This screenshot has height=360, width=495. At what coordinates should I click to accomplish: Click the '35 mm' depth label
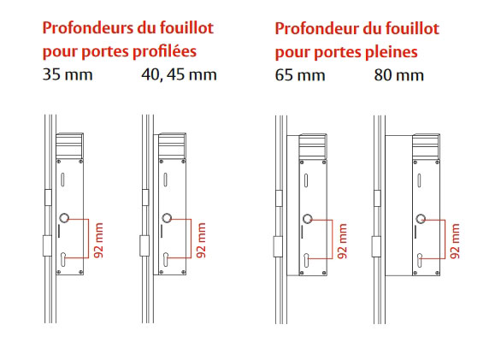pyautogui.click(x=68, y=75)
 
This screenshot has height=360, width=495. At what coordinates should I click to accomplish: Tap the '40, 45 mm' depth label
pyautogui.click(x=179, y=75)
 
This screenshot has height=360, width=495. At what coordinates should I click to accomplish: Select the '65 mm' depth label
pyautogui.click(x=300, y=75)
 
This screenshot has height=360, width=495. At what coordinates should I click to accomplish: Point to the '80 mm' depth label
pyautogui.click(x=398, y=75)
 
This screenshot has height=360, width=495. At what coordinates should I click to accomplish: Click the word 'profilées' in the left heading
pyautogui.click(x=164, y=51)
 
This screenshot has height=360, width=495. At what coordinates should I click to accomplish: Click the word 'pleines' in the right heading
pyautogui.click(x=392, y=51)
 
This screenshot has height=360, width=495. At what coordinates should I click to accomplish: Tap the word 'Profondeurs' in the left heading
pyautogui.click(x=87, y=27)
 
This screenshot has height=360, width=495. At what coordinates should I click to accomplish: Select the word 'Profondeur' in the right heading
pyautogui.click(x=316, y=28)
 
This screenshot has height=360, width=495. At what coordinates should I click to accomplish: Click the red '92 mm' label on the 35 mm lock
pyautogui.click(x=99, y=240)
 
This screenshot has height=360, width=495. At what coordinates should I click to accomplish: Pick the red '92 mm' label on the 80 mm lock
pyautogui.click(x=455, y=241)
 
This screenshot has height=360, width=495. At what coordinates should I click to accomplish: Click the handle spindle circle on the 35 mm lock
pyautogui.click(x=64, y=217)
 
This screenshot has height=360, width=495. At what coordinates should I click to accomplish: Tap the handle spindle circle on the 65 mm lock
pyautogui.click(x=308, y=219)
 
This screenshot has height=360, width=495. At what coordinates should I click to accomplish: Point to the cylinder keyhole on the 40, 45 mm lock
pyautogui.click(x=166, y=259)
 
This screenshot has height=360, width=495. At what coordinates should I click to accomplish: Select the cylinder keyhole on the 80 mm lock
pyautogui.click(x=420, y=260)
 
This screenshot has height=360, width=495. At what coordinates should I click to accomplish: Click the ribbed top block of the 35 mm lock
pyautogui.click(x=70, y=146)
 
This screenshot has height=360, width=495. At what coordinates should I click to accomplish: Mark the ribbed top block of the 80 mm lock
pyautogui.click(x=427, y=146)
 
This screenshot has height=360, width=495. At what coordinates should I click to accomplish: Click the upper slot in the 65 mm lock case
pyautogui.click(x=305, y=180)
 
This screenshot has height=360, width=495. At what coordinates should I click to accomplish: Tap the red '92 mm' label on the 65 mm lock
pyautogui.click(x=342, y=241)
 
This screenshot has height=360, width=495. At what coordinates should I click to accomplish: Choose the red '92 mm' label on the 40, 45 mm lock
pyautogui.click(x=201, y=240)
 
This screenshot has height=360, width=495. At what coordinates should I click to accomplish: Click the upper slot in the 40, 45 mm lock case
pyautogui.click(x=165, y=180)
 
